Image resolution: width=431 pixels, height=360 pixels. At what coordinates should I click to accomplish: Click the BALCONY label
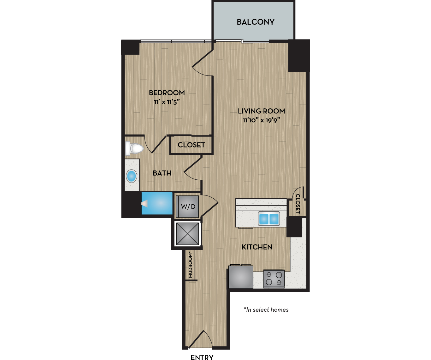[256, 22]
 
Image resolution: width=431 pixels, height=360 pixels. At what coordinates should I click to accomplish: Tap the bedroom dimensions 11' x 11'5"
[167, 102]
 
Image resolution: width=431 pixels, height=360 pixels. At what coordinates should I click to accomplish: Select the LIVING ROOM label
[261, 111]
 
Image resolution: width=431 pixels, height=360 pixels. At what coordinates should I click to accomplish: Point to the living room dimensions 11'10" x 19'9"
[261, 120]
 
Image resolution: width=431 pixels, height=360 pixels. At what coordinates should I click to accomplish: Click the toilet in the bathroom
[135, 148]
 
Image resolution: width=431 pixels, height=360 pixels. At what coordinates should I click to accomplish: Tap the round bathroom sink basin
[131, 176]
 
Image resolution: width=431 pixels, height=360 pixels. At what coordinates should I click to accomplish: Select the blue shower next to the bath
[157, 203]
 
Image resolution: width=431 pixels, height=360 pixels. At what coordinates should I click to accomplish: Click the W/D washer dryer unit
[188, 207]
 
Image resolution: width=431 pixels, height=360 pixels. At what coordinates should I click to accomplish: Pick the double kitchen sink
[269, 219]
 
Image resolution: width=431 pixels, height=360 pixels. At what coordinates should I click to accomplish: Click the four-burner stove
[274, 279]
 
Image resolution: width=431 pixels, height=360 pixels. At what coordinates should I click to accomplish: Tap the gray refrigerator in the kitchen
[241, 277]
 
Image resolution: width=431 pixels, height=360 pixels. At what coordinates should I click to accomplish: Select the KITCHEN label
[257, 247]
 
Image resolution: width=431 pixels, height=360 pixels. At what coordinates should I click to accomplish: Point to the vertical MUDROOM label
[190, 265]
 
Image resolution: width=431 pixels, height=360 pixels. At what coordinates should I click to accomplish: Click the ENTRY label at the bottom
[202, 357]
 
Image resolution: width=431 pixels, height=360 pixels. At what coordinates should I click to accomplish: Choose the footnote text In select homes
[266, 310]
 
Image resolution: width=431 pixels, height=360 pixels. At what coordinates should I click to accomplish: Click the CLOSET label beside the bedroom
[191, 145]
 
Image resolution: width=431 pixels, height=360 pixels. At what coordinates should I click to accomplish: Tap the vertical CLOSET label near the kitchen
[298, 204]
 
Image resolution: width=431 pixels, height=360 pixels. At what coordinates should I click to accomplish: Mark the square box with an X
[188, 234]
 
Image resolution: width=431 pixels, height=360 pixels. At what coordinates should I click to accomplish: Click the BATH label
[162, 173]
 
